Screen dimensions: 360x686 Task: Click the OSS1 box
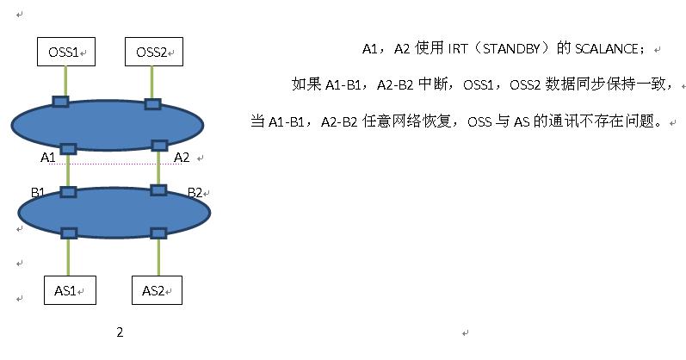pyautogui.click(x=65, y=53)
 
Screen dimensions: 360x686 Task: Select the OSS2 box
pyautogui.click(x=153, y=53)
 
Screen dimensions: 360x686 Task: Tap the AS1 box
pyautogui.click(x=69, y=290)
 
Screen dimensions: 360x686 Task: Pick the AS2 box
pyautogui.click(x=157, y=290)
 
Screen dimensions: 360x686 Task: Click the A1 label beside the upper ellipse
pyautogui.click(x=48, y=158)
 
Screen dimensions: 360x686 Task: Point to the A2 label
pyautogui.click(x=182, y=158)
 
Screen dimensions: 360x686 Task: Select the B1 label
pyautogui.click(x=38, y=192)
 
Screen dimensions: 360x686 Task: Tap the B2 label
pyautogui.click(x=195, y=192)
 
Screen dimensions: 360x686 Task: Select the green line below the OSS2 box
pyautogui.click(x=152, y=83)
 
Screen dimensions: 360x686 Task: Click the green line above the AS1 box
pyautogui.click(x=68, y=257)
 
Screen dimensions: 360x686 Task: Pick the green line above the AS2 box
pyautogui.click(x=158, y=257)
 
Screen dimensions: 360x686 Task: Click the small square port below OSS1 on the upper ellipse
pyautogui.click(x=60, y=102)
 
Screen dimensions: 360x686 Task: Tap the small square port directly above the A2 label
pyautogui.click(x=158, y=146)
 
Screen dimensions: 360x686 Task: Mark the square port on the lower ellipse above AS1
pyautogui.click(x=69, y=233)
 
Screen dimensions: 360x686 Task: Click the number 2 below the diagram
pyautogui.click(x=120, y=332)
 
